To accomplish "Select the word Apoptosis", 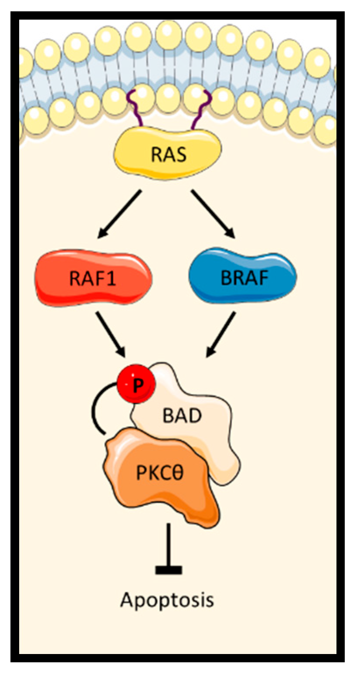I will click(x=167, y=600).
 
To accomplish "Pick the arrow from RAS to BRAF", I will click(x=213, y=214).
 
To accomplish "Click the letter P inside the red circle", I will click(x=137, y=386).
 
